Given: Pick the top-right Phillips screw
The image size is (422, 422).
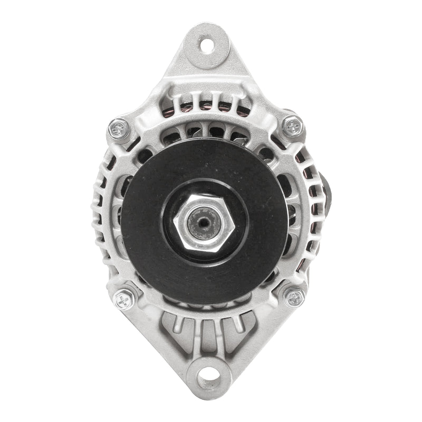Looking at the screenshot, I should tap(293, 126).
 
